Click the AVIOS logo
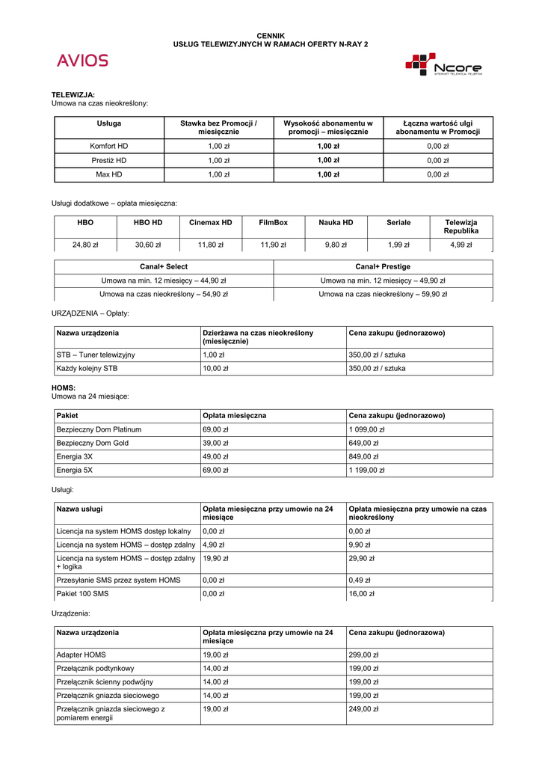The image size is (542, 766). pyautogui.click(x=82, y=61)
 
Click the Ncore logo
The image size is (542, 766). pyautogui.click(x=444, y=64)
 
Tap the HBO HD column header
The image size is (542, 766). pyautogui.click(x=148, y=222)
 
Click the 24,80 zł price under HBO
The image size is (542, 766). pyautogui.click(x=85, y=245)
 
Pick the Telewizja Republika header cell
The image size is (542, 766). pyautogui.click(x=461, y=227)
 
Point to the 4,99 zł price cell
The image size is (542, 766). pyautogui.click(x=461, y=245)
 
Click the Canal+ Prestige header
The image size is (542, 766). pyautogui.click(x=383, y=266)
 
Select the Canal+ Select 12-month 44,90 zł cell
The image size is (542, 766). pyautogui.click(x=164, y=281)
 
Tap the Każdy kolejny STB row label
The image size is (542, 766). pyautogui.click(x=87, y=369)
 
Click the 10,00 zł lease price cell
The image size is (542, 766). pyautogui.click(x=216, y=369)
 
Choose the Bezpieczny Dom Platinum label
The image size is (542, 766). pyautogui.click(x=99, y=429)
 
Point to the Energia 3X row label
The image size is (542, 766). pyautogui.click(x=75, y=456)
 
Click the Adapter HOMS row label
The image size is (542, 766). pyautogui.click(x=81, y=655)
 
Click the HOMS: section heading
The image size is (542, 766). pyautogui.click(x=64, y=388)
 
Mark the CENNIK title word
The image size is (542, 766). pyautogui.click(x=271, y=35)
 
